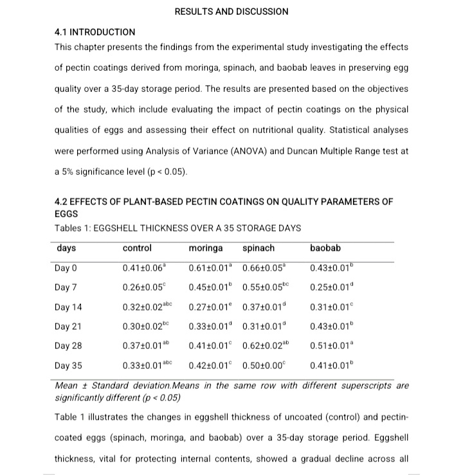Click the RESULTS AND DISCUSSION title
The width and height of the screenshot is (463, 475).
coord(232,12)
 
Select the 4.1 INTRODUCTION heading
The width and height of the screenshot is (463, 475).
coord(95,31)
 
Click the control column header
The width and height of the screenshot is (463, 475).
coord(137,248)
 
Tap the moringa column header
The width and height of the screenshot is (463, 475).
coord(206,248)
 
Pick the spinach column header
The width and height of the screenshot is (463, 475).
coord(259,248)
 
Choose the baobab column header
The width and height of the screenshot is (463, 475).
coord(325,248)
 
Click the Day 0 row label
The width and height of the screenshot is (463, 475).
coord(67,268)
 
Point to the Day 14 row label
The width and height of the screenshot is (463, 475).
coord(69,307)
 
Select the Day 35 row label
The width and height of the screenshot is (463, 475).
coord(69,366)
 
